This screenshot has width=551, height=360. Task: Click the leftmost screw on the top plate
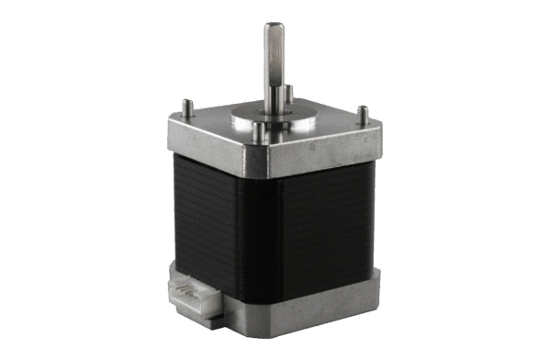[186, 106]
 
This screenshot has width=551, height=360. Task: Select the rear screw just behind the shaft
[288, 93]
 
